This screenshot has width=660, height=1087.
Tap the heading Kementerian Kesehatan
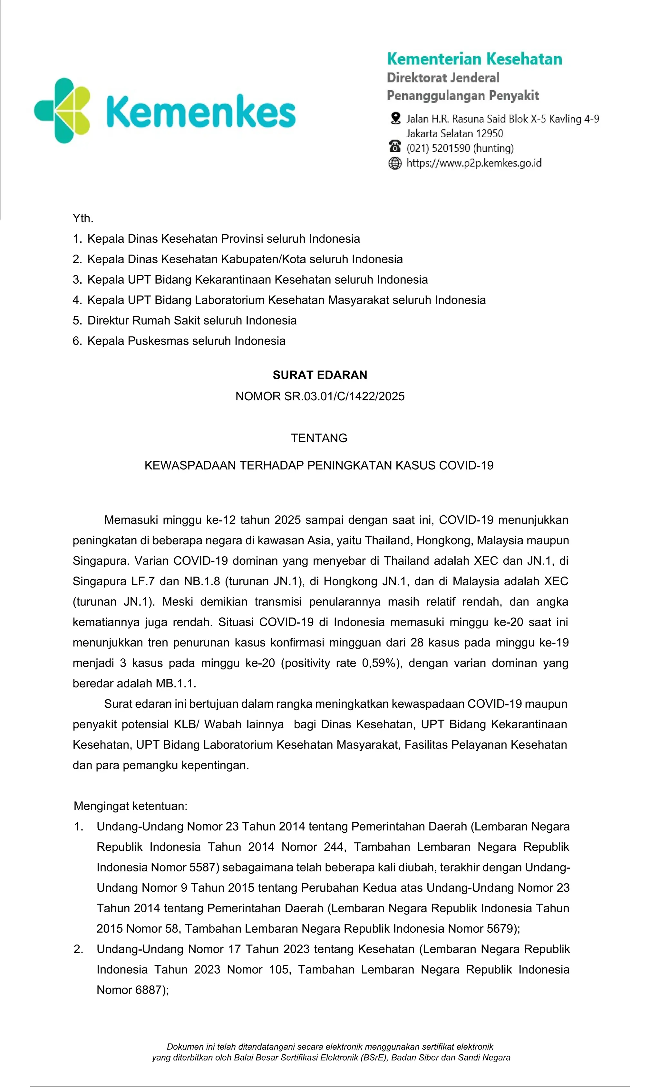(x=474, y=59)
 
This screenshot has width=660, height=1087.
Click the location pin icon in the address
(x=395, y=118)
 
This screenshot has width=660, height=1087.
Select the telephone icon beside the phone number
(x=395, y=146)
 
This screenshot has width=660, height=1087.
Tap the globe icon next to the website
(x=395, y=163)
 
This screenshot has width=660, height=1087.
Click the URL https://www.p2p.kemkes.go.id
(x=474, y=163)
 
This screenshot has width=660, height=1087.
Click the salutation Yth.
(x=83, y=218)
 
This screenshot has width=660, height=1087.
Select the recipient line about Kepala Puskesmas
(x=186, y=341)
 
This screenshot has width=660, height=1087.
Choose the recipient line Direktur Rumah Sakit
(x=192, y=320)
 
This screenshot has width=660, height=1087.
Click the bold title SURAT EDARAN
(x=320, y=375)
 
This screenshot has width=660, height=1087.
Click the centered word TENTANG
(x=319, y=438)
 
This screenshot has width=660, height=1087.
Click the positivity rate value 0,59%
(x=378, y=663)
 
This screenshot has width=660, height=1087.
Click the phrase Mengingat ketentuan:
(x=131, y=806)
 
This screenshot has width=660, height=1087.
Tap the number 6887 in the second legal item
(x=149, y=990)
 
